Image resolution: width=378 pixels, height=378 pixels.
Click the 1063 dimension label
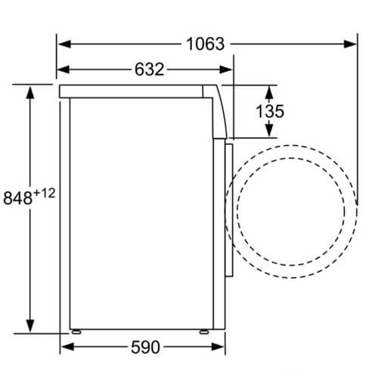[206, 44]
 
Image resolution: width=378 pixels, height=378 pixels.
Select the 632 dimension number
[149, 70]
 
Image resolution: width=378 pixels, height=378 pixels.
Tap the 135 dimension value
[270, 111]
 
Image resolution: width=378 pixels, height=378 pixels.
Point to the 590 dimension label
[145, 347]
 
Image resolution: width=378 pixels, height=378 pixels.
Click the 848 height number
[17, 198]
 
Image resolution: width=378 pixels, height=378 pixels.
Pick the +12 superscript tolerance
[44, 194]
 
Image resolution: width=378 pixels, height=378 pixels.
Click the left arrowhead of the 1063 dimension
[65, 44]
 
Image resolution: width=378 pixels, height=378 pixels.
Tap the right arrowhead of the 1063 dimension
[350, 44]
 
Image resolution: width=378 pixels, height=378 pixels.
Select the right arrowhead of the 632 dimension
[226, 70]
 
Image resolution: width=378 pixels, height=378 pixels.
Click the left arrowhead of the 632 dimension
[64, 70]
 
